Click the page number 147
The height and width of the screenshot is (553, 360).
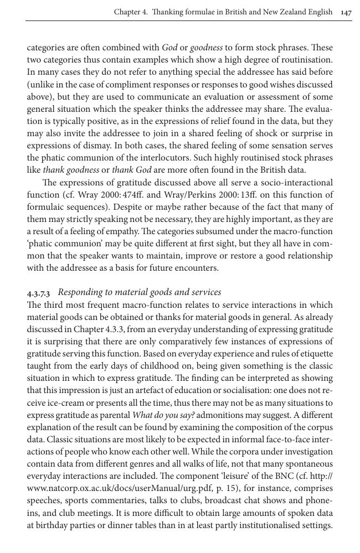pos(346,12)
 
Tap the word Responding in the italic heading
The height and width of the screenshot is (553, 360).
pos(80,292)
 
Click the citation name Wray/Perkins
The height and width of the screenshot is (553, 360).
pos(213,195)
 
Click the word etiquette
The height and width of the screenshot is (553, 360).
pos(314,354)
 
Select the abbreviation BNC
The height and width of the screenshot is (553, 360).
pos(276,476)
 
